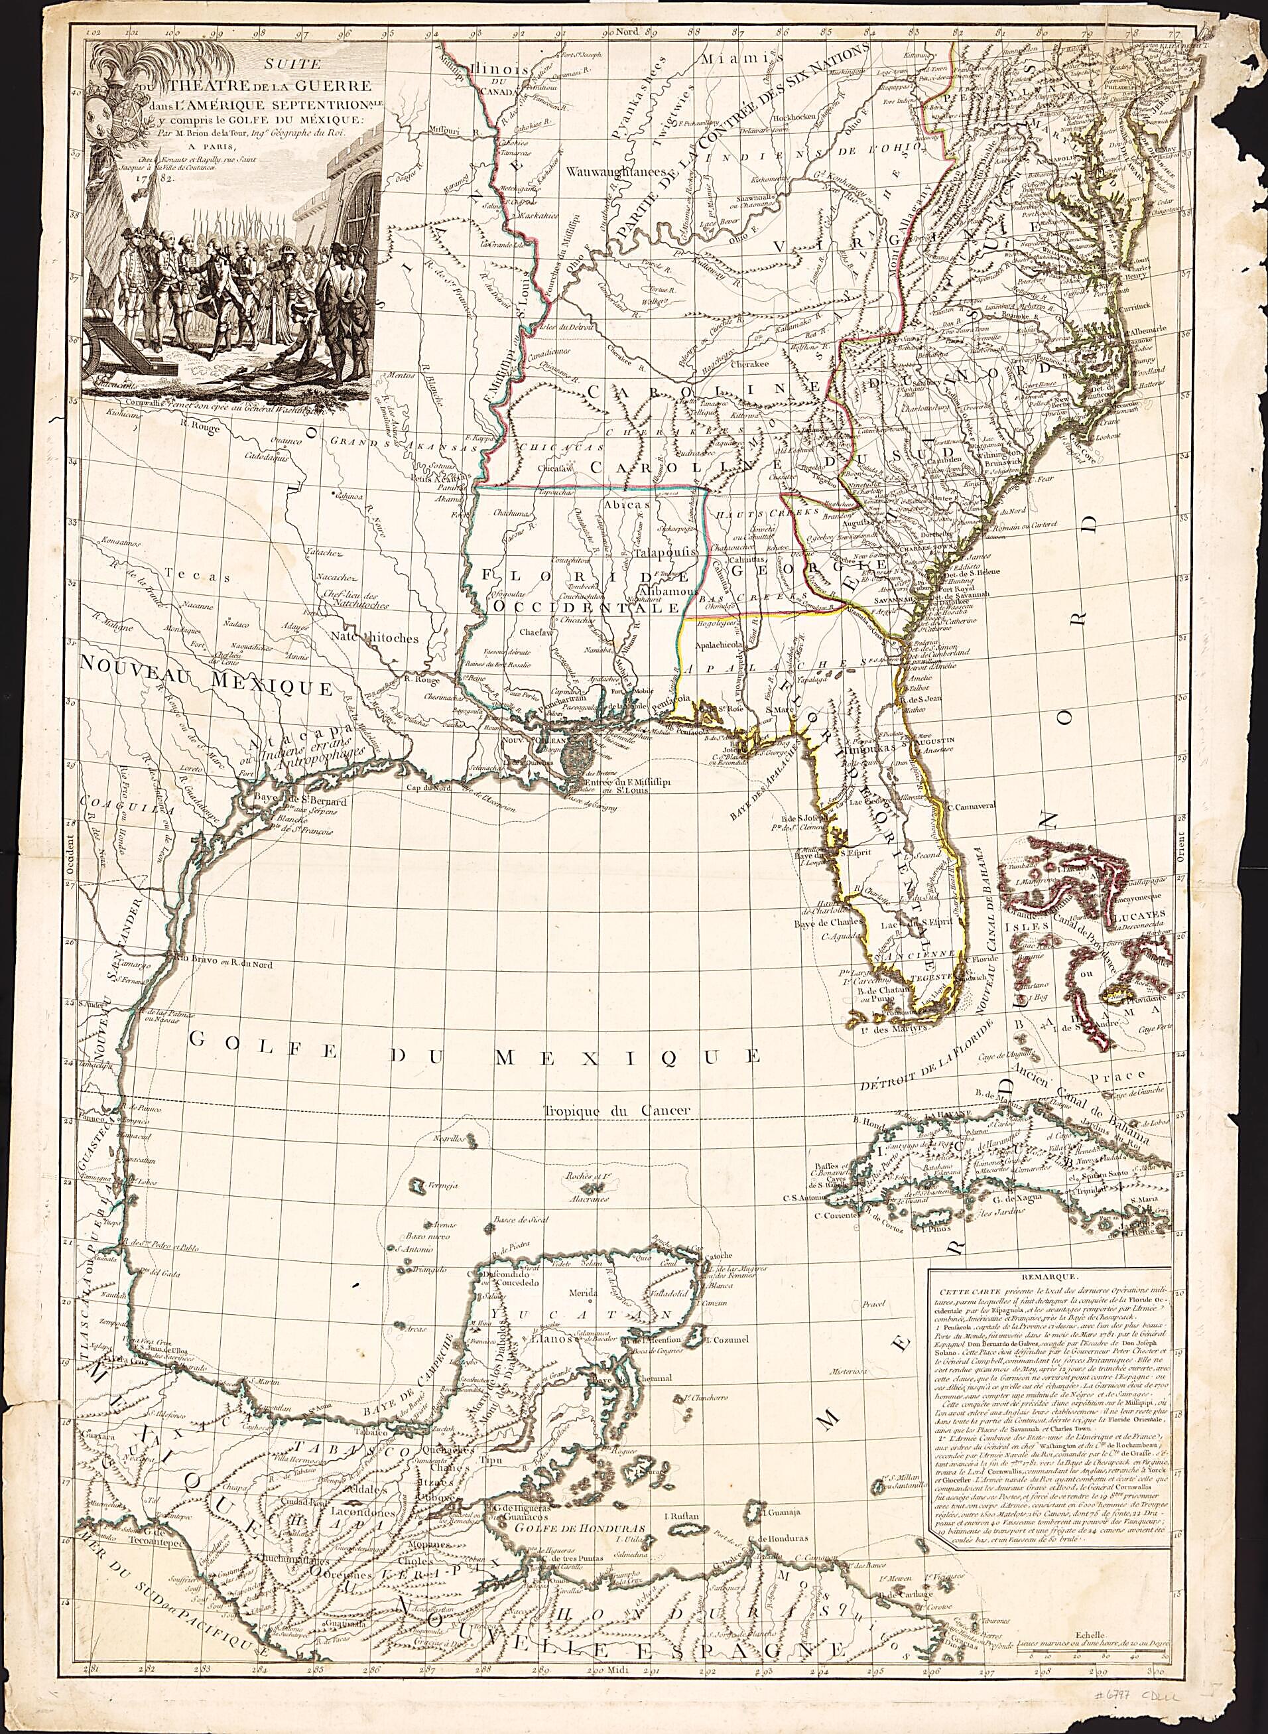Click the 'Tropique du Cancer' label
pos(619,1110)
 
